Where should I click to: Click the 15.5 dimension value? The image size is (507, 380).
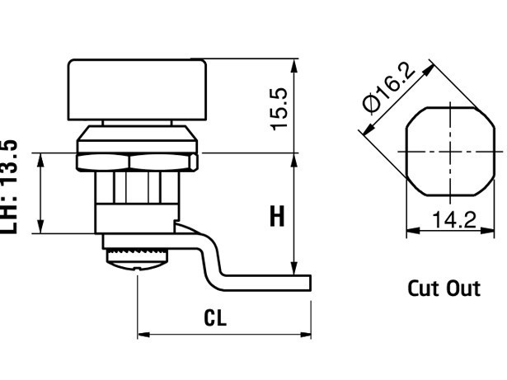click(279, 109)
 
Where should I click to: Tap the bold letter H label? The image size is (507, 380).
click(277, 216)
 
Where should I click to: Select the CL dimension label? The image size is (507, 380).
click(215, 317)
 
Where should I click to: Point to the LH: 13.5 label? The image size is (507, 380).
click(9, 187)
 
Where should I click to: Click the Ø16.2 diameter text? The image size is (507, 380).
click(389, 87)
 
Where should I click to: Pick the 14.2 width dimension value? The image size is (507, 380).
click(454, 219)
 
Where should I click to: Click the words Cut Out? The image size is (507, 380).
click(444, 289)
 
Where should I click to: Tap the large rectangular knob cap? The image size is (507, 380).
click(137, 90)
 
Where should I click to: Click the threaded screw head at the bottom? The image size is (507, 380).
click(137, 260)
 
